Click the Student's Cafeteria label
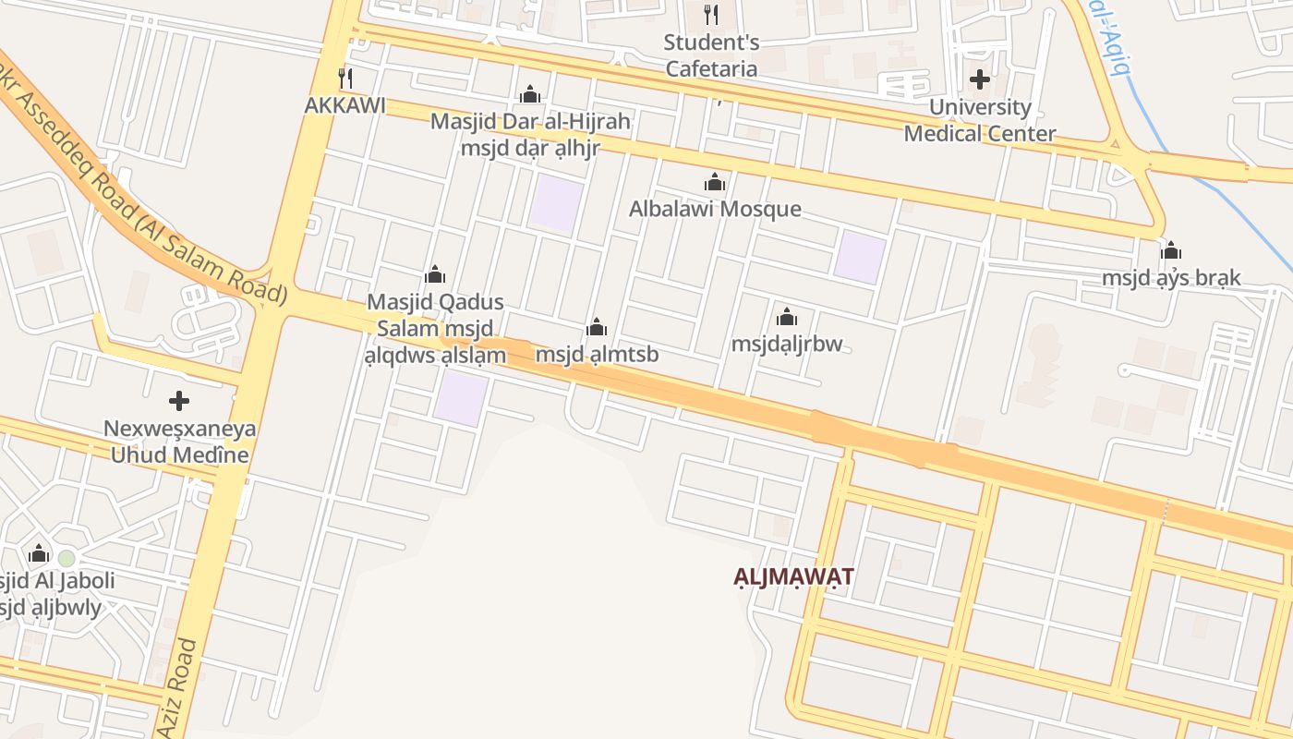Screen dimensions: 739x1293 tap(712, 55)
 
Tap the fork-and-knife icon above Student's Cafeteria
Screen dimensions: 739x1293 tap(711, 15)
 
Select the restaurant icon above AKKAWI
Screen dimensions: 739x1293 tap(345, 79)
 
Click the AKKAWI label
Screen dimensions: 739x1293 tap(345, 105)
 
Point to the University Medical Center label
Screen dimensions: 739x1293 tap(979, 120)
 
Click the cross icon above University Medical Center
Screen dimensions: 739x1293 tap(980, 79)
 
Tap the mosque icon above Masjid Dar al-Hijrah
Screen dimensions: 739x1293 tap(530, 94)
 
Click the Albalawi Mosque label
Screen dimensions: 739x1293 tap(715, 209)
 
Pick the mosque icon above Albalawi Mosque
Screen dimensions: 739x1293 tap(715, 182)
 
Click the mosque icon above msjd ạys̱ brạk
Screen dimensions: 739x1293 tap(1171, 250)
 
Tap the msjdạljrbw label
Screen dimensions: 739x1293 tap(787, 345)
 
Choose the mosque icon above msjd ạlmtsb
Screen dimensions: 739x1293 tap(597, 327)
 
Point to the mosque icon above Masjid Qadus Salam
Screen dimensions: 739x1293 tap(435, 274)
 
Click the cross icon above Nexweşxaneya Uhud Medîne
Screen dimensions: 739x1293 tap(179, 401)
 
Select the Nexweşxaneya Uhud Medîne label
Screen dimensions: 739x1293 tap(180, 442)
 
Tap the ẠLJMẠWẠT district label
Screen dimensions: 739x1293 tap(794, 576)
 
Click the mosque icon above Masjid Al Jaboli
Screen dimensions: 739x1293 tap(39, 553)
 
